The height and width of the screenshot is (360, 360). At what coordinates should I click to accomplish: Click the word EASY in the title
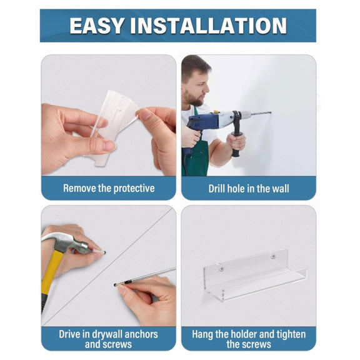[x=97, y=26]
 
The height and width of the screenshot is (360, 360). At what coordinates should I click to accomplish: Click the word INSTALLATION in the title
[x=209, y=26]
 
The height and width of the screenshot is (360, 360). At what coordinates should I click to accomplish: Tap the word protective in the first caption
[x=134, y=189]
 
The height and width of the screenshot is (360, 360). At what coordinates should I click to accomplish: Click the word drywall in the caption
[x=108, y=334]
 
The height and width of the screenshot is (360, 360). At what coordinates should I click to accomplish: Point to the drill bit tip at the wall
[x=271, y=112]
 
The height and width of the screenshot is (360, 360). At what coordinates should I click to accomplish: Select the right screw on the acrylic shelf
[x=273, y=257]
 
